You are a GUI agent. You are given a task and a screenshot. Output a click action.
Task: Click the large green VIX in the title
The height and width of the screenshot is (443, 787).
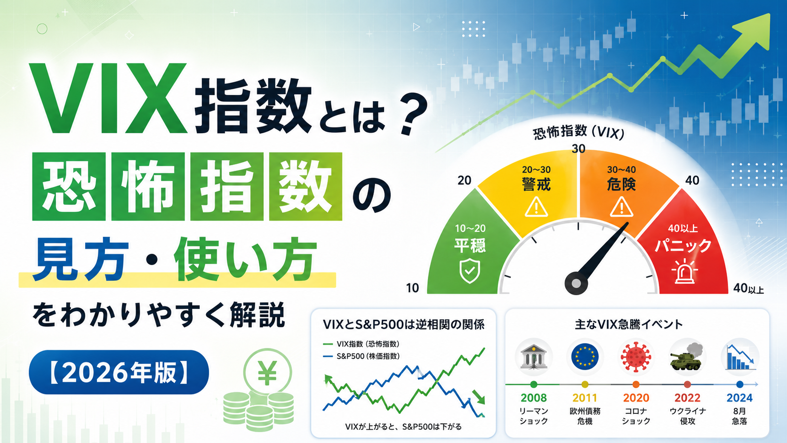tap(107, 98)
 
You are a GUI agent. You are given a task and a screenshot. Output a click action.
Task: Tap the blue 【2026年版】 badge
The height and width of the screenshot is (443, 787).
tap(119, 372)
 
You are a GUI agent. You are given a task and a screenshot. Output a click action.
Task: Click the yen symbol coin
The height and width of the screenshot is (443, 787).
tap(267, 372)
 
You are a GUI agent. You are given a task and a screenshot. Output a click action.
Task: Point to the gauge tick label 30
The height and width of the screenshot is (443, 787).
tap(578, 149)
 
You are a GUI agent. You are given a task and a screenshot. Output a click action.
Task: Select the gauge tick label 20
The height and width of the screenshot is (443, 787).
tap(464, 180)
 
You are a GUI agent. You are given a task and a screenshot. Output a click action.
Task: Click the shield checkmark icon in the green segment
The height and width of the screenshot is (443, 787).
tap(470, 270)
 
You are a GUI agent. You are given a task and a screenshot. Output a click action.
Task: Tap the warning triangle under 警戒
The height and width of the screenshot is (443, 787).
tap(536, 207)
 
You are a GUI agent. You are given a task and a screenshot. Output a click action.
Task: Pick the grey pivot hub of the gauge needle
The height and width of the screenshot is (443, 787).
tap(576, 283)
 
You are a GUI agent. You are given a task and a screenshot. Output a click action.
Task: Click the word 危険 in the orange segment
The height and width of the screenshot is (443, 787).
tap(621, 185)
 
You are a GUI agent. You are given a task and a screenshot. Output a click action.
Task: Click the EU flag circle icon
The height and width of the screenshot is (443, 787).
tap(585, 356)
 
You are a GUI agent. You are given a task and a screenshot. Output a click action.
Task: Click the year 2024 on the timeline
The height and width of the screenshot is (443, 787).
tap(739, 398)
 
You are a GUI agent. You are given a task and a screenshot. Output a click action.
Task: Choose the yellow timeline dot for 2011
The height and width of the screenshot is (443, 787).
tap(585, 384)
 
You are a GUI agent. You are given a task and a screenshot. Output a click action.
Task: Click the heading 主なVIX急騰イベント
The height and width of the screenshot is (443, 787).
tap(628, 324)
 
